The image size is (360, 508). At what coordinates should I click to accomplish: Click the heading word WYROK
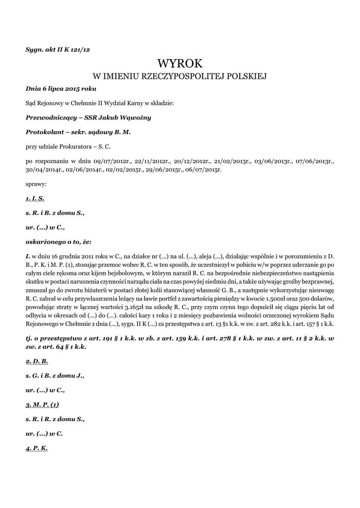tap(180, 63)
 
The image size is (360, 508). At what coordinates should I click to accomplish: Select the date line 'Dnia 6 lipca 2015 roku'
tap(61, 89)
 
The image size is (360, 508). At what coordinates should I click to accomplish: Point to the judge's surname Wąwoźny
tap(136, 118)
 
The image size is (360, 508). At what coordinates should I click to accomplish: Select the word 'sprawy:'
tap(36, 184)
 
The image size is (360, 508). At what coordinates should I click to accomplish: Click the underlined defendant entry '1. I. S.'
tap(35, 198)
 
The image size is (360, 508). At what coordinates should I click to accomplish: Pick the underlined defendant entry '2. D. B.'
tap(37, 361)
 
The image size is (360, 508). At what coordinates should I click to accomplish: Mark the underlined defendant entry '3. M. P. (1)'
tap(42, 404)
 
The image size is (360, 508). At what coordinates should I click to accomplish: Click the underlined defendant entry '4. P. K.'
tap(37, 448)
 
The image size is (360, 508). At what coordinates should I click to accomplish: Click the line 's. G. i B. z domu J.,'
tap(55, 376)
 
